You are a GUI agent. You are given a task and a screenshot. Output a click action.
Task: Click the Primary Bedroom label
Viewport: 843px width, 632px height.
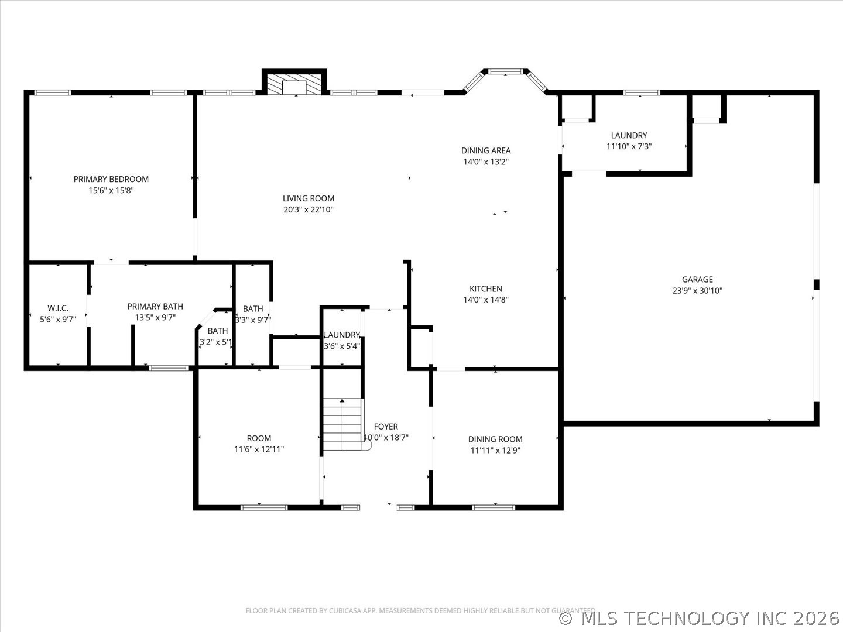(x=111, y=179)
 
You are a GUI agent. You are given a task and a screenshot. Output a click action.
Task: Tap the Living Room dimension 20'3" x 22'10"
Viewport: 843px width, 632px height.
(x=309, y=209)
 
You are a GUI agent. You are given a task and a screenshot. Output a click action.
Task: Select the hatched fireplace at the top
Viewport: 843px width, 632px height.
(x=294, y=83)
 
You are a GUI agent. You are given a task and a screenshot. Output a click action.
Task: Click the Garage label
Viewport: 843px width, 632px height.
(x=697, y=280)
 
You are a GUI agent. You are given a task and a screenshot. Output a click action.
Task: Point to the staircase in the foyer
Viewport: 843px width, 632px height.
(x=343, y=424)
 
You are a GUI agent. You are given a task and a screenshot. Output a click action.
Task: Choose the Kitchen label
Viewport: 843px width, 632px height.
(x=485, y=288)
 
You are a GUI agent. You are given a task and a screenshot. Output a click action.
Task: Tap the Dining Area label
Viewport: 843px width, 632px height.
(x=485, y=150)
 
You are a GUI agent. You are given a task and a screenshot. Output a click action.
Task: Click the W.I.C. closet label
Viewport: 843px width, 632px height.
(x=58, y=308)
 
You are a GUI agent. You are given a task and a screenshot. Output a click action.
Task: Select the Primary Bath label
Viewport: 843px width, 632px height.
(x=155, y=306)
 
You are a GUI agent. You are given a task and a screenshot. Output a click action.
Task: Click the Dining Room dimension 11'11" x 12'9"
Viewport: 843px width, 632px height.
(x=495, y=450)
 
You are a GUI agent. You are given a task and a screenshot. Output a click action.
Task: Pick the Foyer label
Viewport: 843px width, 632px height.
(x=386, y=427)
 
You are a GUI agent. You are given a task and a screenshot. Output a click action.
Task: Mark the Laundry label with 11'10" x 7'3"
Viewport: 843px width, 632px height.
(x=629, y=135)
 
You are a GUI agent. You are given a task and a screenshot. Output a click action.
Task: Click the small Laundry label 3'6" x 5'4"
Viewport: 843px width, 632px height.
(x=342, y=335)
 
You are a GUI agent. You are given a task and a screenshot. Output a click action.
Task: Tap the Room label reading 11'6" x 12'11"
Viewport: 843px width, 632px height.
(x=259, y=438)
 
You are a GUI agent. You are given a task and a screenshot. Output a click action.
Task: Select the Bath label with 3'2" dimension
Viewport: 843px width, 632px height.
(x=217, y=331)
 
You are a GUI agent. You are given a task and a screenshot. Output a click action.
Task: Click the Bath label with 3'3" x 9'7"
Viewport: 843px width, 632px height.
(x=253, y=308)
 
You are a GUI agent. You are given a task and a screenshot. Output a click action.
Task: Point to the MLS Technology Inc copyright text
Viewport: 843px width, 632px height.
(x=700, y=618)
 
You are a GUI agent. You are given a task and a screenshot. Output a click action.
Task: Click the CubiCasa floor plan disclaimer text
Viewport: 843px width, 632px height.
(x=420, y=610)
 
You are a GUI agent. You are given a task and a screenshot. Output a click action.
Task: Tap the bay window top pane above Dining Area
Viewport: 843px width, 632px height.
(x=505, y=71)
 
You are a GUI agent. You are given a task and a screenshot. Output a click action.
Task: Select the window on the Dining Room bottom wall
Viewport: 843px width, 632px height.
(x=494, y=507)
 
